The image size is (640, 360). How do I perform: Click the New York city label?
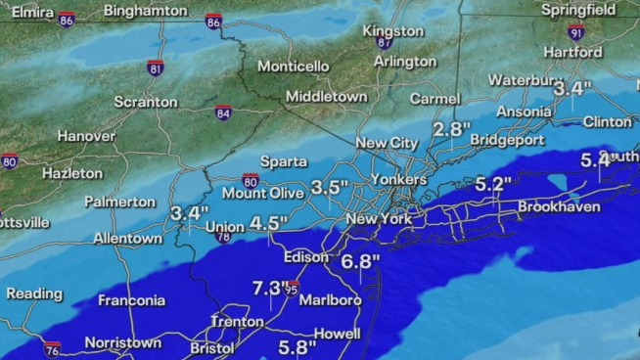[x=379, y=219]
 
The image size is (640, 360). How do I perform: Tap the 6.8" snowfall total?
[x=361, y=261]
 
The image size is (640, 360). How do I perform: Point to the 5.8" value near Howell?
[x=297, y=346]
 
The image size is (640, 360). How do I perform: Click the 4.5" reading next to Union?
[x=268, y=223]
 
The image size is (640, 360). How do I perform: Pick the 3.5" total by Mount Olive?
[x=330, y=187]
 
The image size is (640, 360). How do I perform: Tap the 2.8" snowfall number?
[x=452, y=129]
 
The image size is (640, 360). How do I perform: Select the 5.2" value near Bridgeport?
[x=494, y=183]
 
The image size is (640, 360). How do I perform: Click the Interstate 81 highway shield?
[x=156, y=67]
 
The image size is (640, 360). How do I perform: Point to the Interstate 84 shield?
[x=224, y=112]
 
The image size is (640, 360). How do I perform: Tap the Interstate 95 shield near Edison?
[x=292, y=288]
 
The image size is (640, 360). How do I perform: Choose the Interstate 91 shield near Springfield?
[x=576, y=31]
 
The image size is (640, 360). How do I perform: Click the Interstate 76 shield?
[x=52, y=348]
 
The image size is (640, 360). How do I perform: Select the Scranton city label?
[x=146, y=102]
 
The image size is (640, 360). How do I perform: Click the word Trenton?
[x=237, y=322]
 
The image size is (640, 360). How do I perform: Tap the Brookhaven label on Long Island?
[x=559, y=207]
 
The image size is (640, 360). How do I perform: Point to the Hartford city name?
[x=573, y=51]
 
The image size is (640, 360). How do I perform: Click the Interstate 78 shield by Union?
[x=222, y=237]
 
